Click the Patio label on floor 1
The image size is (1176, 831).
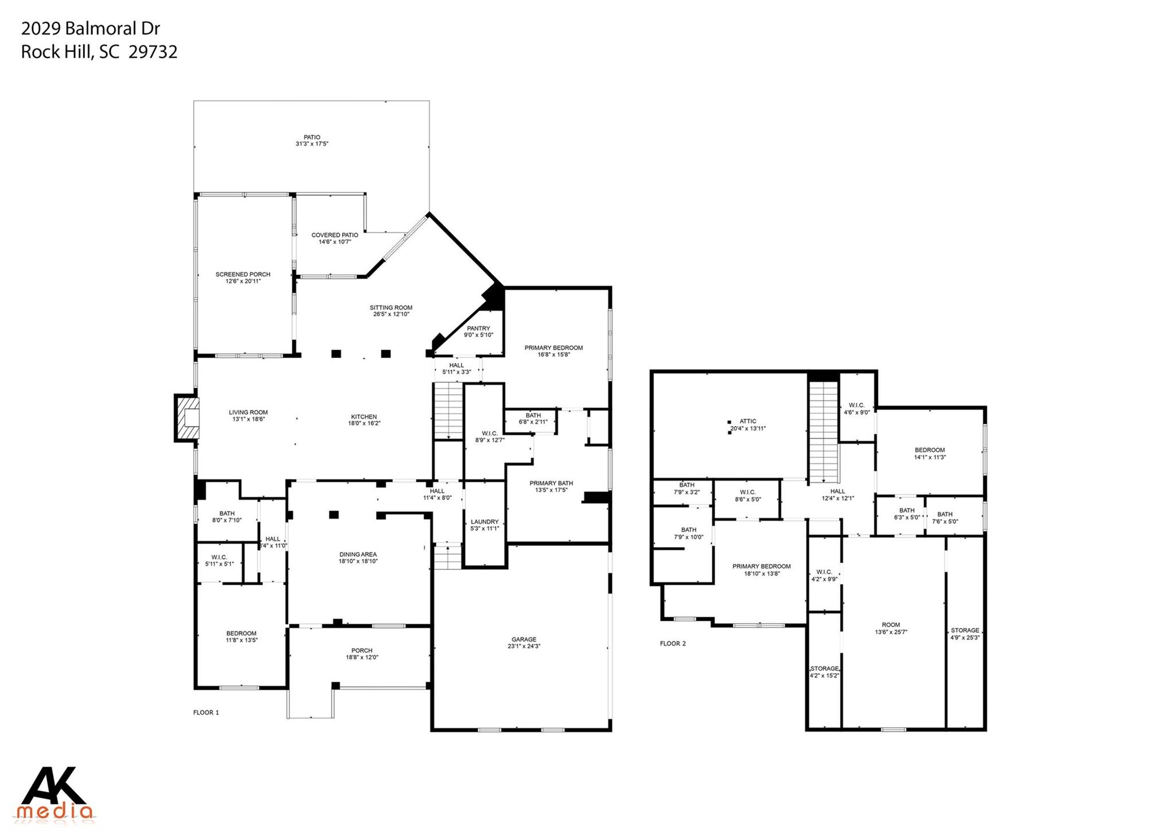[x=312, y=141]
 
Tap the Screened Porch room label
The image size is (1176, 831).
[x=243, y=277]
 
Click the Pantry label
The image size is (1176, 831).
[x=478, y=331]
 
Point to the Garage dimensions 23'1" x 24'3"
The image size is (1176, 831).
[x=524, y=646]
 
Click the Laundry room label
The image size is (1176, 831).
[x=485, y=525]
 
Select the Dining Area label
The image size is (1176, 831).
[x=358, y=558]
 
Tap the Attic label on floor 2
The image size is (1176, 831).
[x=748, y=424]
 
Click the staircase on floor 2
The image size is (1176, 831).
[x=823, y=431]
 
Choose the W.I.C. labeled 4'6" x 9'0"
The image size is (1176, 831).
[x=857, y=408]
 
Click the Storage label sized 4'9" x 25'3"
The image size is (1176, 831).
[x=965, y=633]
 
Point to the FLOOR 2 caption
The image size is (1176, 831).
[x=672, y=644]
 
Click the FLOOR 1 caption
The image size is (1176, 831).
[x=206, y=713]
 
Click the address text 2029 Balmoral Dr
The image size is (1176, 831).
[x=90, y=28]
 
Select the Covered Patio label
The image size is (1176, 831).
[x=335, y=238]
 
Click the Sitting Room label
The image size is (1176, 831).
[x=390, y=311]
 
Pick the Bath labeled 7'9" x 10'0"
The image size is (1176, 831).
[x=688, y=534]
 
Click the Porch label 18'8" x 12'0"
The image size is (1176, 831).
[x=362, y=654]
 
